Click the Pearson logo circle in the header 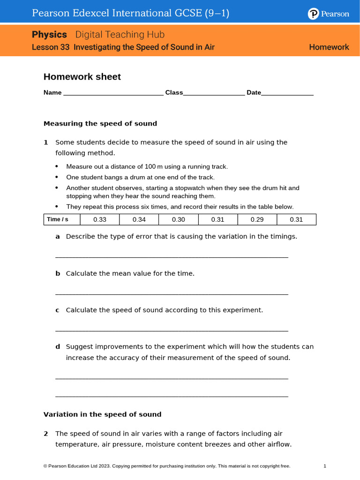pos(313,14)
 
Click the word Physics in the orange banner pos(49,35)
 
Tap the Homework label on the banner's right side pos(329,47)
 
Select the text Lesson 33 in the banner pos(51,47)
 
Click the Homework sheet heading pos(82,77)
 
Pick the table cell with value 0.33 pos(100,219)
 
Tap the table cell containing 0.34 pos(139,219)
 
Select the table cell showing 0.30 pos(179,219)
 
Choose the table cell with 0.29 pos(257,219)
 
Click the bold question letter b pos(58,273)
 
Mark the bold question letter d pos(58,347)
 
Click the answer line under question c pos(172,330)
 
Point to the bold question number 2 pos(46,434)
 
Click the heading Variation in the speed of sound pos(102,414)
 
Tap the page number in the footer pos(325,466)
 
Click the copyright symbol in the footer pos(45,466)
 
